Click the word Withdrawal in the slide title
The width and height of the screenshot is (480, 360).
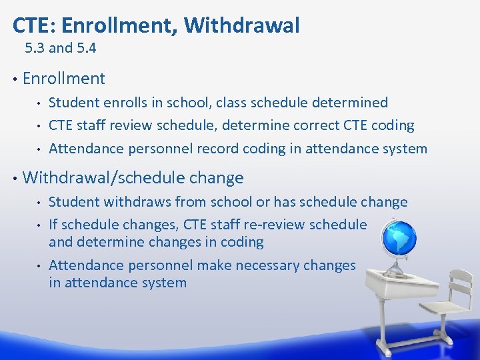pyautogui.click(x=241, y=25)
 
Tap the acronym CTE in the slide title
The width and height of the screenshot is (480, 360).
pyautogui.click(x=28, y=25)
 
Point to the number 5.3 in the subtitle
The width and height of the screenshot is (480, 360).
pyautogui.click(x=35, y=48)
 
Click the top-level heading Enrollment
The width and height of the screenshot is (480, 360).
pyautogui.click(x=63, y=79)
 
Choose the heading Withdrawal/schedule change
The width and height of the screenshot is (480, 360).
pyautogui.click(x=133, y=178)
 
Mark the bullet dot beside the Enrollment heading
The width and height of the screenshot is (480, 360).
pyautogui.click(x=14, y=79)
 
